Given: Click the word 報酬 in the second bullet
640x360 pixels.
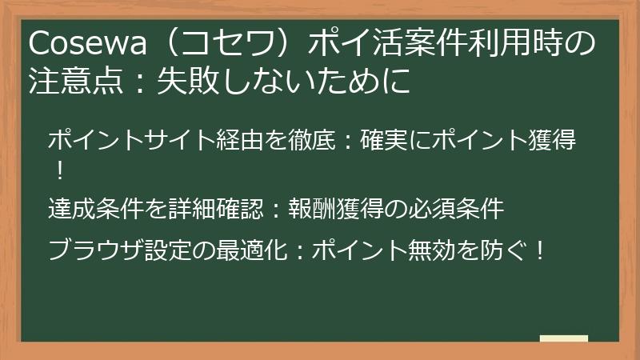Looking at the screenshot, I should [x=312, y=210].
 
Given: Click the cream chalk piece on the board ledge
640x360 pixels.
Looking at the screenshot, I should [x=563, y=338].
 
